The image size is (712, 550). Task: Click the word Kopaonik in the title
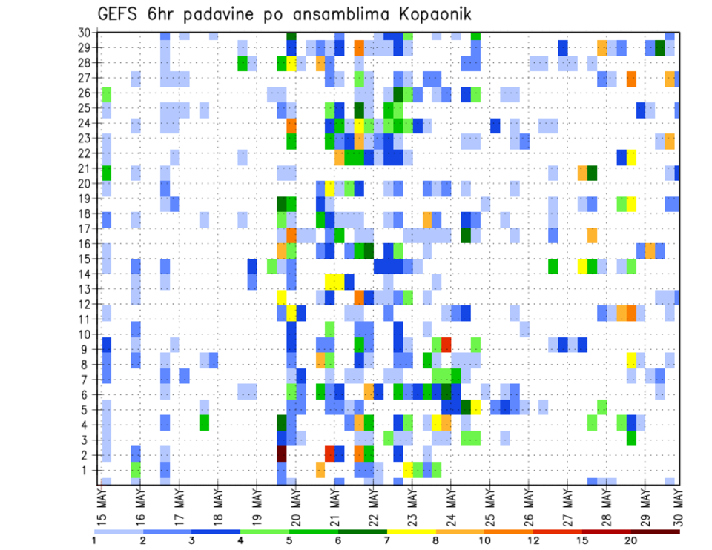[x=426, y=14]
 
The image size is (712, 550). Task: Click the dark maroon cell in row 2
[x=282, y=454]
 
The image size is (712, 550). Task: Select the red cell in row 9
[x=446, y=344]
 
